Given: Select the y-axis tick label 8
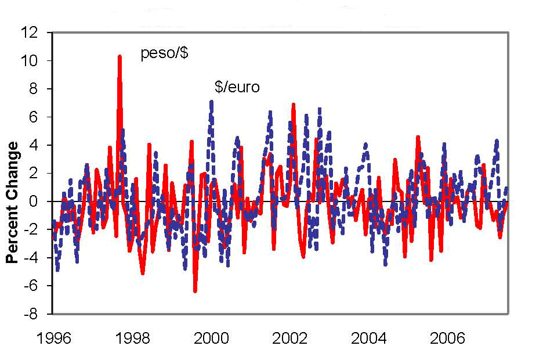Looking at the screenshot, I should tap(42, 89).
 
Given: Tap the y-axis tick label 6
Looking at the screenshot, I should tap(42, 117).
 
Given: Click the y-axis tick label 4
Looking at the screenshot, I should tap(42, 145).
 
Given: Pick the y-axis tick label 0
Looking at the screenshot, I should tap(42, 201).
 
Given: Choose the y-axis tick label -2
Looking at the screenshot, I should tap(39, 229).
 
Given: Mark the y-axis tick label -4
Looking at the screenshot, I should tap(39, 257).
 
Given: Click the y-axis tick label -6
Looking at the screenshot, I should tap(39, 286).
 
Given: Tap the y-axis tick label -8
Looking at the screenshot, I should tap(39, 314).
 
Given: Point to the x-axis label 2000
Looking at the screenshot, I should tap(211, 339).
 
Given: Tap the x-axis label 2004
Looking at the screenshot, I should tap(369, 339).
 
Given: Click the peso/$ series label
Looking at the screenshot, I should tap(165, 54).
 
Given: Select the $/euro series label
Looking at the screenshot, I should tap(237, 88).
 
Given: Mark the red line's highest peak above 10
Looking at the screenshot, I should tap(120, 57).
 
